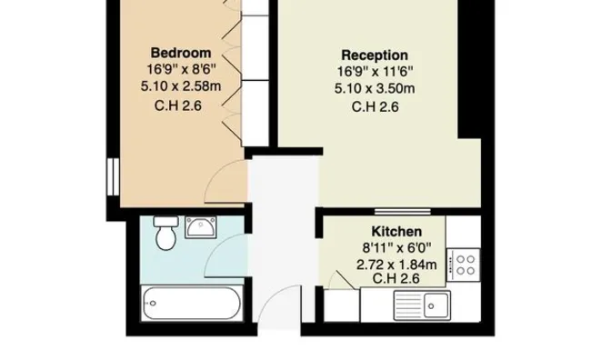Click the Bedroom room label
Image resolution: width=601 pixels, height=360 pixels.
point(181,53)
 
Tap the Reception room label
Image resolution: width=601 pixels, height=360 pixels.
point(375,55)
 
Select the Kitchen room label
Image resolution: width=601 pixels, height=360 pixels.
point(396,231)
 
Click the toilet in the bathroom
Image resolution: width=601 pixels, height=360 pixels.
point(166,233)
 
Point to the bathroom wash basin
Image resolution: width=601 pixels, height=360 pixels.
point(200,227)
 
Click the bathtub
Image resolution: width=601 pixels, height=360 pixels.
point(192,303)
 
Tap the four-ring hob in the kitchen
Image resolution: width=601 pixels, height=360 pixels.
point(464,265)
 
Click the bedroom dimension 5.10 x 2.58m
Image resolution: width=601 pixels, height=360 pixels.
point(181,86)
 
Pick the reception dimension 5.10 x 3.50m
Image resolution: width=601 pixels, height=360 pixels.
point(375,88)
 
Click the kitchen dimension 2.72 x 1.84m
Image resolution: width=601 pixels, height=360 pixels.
point(396,265)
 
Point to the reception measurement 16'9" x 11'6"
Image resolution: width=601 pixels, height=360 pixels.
point(375,72)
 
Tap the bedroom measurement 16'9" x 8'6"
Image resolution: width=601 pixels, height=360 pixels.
point(181,69)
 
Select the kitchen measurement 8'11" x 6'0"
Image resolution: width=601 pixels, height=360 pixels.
point(396,247)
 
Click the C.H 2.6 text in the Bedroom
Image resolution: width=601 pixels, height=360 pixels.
point(178,105)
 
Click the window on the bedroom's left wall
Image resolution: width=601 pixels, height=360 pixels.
point(114,176)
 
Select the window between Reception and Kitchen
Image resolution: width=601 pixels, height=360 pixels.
point(403,211)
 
